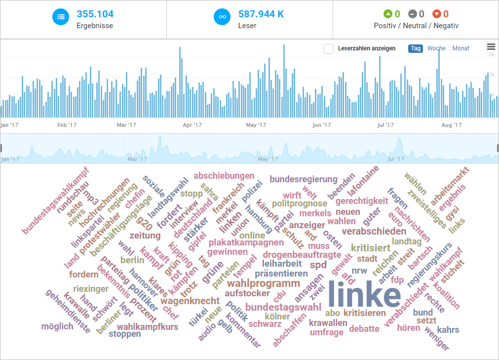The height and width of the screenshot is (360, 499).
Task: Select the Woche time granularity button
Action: click(x=436, y=48)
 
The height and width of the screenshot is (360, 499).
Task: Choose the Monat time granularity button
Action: click(x=461, y=48)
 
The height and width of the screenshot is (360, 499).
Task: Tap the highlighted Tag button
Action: click(x=415, y=48)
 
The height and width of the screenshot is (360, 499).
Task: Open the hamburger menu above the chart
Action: click(x=491, y=47)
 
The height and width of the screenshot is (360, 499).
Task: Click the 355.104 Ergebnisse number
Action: click(x=95, y=14)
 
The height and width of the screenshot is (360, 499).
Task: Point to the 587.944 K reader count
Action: click(x=261, y=14)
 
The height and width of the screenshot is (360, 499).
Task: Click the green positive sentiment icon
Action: click(x=388, y=14)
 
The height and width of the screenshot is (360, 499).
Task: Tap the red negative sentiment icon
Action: click(x=436, y=14)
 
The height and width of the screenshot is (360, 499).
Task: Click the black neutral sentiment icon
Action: click(x=412, y=14)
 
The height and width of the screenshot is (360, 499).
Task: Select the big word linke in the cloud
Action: click(x=364, y=295)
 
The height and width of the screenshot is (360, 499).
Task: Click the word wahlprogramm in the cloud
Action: click(x=263, y=283)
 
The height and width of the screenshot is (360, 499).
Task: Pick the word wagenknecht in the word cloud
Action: click(x=190, y=301)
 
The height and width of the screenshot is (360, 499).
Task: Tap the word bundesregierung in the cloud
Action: click(x=303, y=179)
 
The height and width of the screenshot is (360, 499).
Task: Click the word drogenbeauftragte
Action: click(x=302, y=255)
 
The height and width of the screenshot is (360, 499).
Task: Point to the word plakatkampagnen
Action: click(x=246, y=242)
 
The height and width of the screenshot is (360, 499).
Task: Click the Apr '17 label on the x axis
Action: click(x=192, y=125)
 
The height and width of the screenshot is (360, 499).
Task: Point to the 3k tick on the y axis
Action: click(x=492, y=55)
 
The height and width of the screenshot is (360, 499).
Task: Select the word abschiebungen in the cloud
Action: click(x=224, y=176)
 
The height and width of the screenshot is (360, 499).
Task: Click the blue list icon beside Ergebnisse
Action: click(x=61, y=16)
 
